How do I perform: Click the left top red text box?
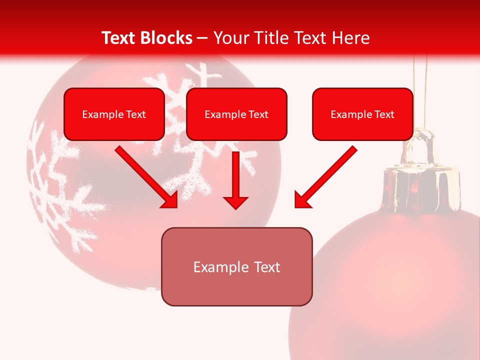114,114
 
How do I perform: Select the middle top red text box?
236,114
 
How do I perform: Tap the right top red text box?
362,114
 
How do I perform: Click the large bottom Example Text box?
236,266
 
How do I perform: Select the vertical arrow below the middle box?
235,177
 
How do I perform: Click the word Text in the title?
118,38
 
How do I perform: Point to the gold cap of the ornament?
421,187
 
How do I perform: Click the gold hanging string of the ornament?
421,90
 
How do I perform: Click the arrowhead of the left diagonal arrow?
170,200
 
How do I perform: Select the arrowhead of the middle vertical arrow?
235,202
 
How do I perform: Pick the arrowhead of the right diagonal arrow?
302,200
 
